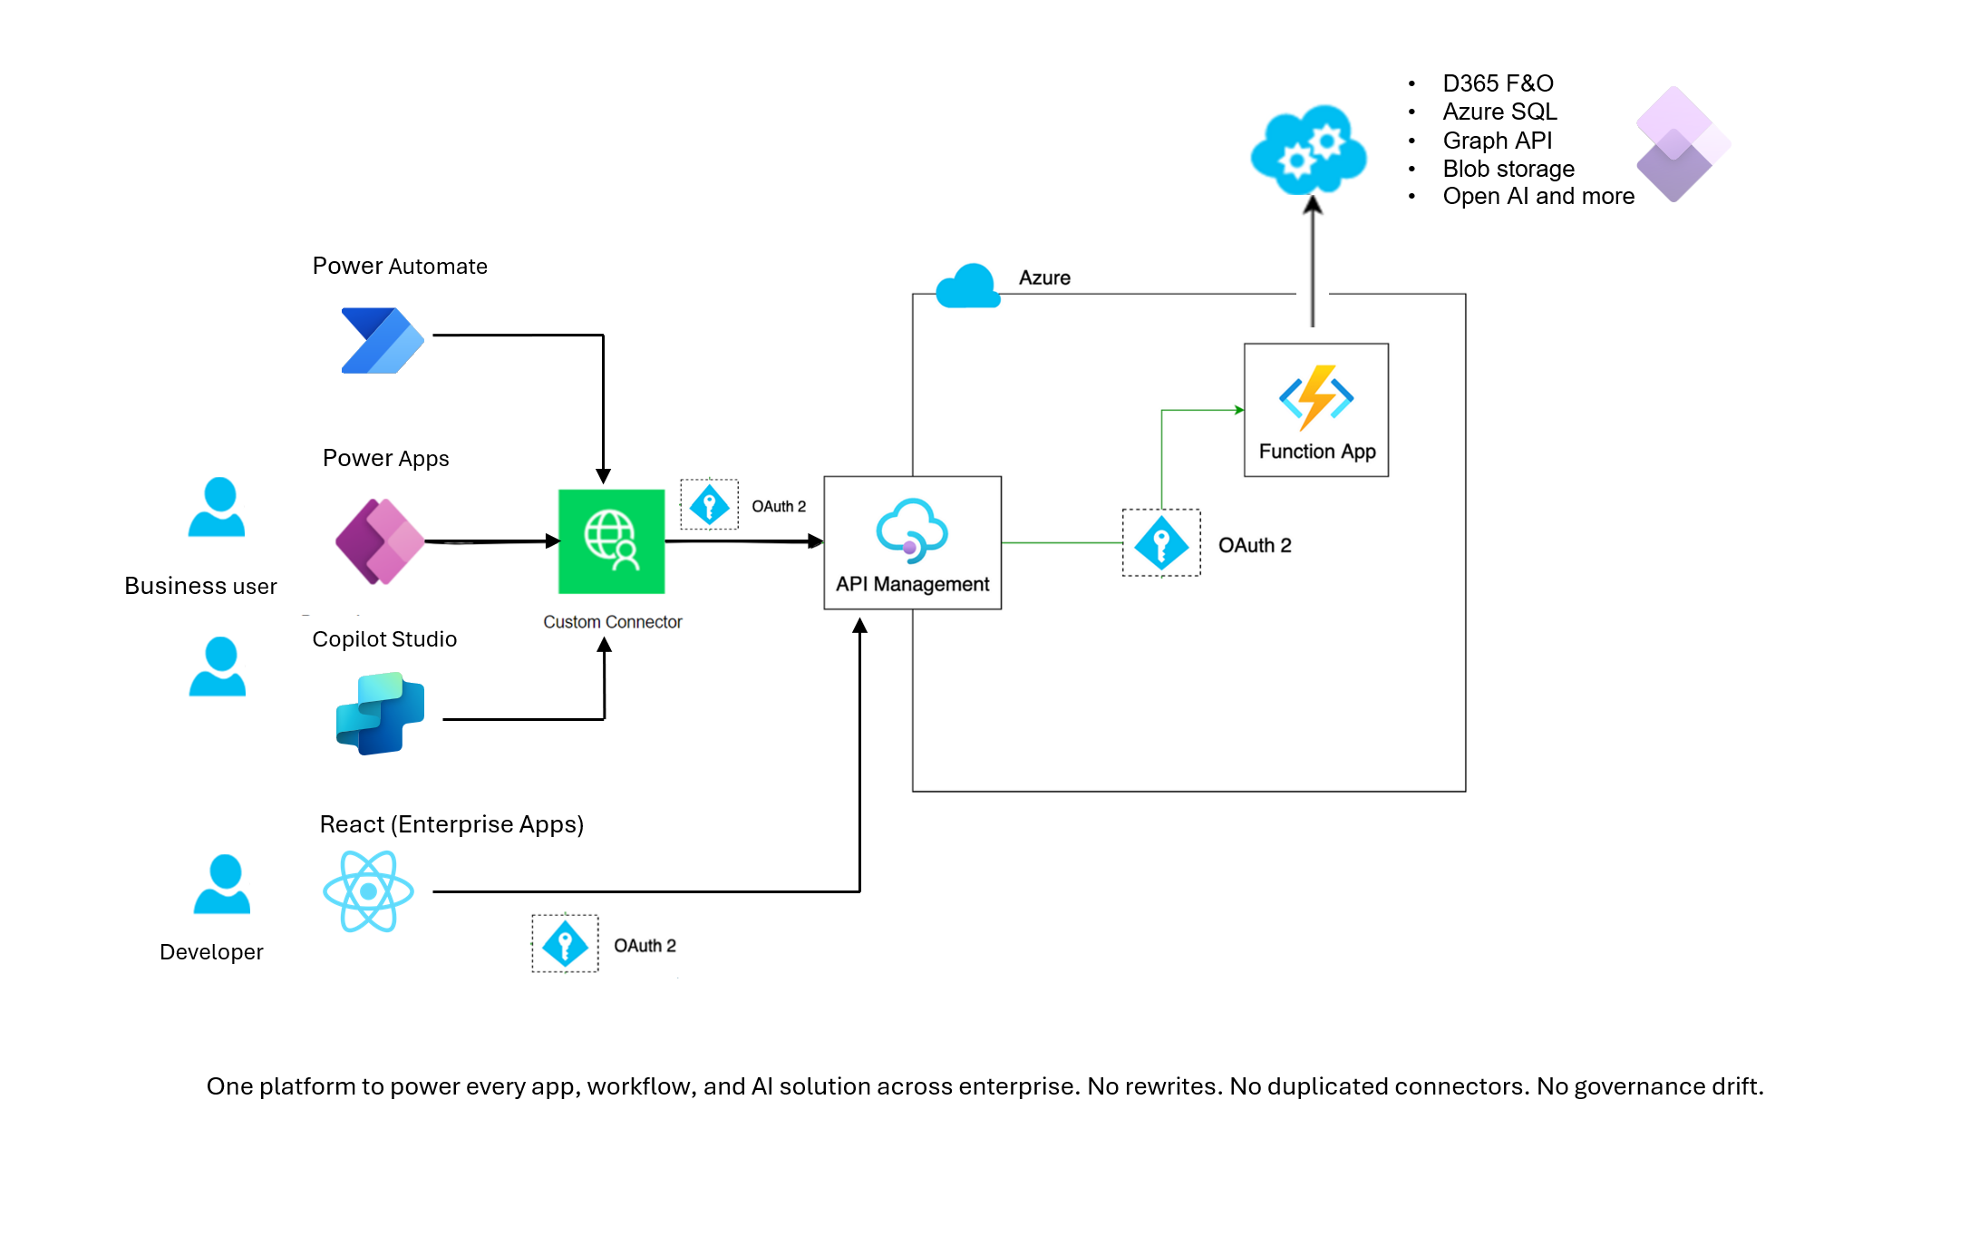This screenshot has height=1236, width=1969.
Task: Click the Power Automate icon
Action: point(382,340)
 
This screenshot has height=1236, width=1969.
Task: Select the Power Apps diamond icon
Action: point(380,541)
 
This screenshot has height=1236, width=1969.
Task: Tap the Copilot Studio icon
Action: point(380,714)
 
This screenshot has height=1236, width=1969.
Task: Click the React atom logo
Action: point(368,891)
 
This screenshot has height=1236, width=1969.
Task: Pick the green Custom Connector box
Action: point(611,541)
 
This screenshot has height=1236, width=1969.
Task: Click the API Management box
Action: point(912,543)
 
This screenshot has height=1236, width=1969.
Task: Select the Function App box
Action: point(1315,410)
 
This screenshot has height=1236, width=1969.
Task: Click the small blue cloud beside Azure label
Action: point(967,287)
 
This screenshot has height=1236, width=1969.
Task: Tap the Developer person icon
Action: point(222,884)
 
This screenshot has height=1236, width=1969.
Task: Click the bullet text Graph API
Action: point(1497,141)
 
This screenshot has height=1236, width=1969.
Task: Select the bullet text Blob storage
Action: point(1508,169)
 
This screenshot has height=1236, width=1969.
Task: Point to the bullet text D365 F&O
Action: point(1498,83)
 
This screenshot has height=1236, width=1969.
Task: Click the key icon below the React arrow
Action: point(565,944)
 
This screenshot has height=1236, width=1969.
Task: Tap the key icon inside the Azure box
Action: point(1161,543)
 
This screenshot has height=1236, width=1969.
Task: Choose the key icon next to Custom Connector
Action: point(709,505)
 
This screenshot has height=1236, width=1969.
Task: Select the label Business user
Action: point(200,586)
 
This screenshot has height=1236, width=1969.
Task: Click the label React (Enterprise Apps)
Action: point(451,824)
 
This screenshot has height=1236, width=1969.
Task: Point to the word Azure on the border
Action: point(1044,277)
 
